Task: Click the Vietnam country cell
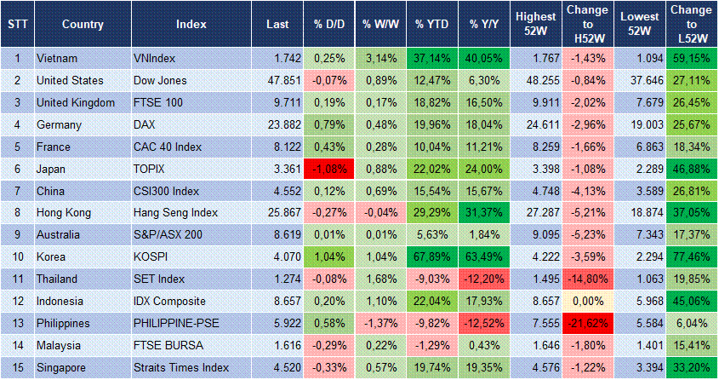click(x=57, y=59)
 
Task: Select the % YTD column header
click(x=431, y=25)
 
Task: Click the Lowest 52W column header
click(x=639, y=25)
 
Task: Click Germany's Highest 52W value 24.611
click(x=537, y=125)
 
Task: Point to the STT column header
click(x=17, y=25)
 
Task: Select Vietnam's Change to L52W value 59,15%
click(x=691, y=59)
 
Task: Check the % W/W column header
click(x=379, y=25)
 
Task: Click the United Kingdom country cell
click(x=76, y=103)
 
